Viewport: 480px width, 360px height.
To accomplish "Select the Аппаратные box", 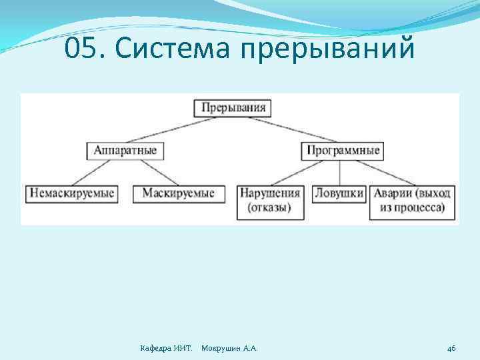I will pyautogui.click(x=125, y=150).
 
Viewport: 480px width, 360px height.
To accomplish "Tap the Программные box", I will pyautogui.click(x=343, y=150).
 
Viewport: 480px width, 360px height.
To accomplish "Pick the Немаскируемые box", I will pyautogui.click(x=71, y=193).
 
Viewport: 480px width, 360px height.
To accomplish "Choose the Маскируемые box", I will pyautogui.click(x=178, y=193).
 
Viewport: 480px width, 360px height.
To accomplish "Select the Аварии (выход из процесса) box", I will pyautogui.click(x=413, y=201).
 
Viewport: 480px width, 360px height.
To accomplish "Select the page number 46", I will pyautogui.click(x=451, y=348).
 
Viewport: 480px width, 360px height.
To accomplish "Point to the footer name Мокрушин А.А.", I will pyautogui.click(x=229, y=348).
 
